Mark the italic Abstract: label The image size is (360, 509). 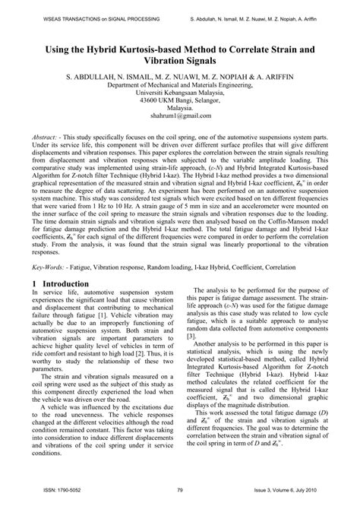click(49, 136)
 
